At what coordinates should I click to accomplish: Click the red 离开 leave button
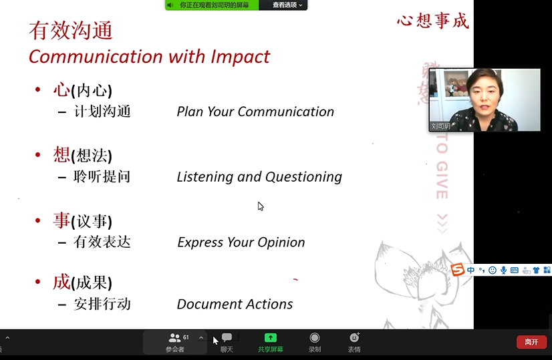531,342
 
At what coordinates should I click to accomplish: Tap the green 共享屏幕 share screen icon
271,338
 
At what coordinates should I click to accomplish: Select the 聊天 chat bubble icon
227,337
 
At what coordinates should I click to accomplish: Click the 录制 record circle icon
314,338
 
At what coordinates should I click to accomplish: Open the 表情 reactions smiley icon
354,337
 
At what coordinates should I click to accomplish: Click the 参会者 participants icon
174,338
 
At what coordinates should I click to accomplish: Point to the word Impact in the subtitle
240,57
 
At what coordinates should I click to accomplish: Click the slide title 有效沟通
71,30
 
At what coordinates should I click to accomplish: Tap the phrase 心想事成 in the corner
433,21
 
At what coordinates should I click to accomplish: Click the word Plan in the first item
190,112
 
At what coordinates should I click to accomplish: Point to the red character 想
61,155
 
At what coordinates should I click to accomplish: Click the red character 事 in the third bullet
61,220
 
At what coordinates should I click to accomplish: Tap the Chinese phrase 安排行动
102,304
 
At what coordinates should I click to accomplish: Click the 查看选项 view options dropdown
287,5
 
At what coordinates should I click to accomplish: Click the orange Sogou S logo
457,270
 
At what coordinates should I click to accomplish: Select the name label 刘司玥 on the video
441,126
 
